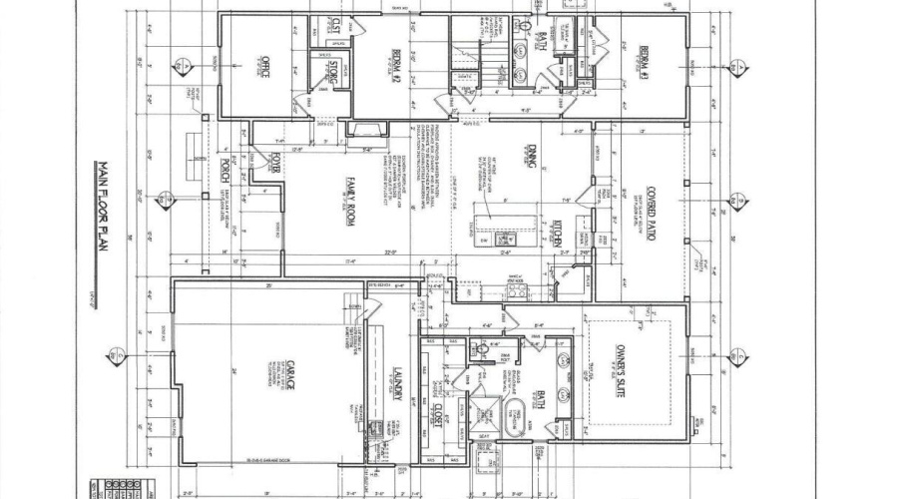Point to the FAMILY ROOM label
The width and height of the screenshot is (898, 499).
tap(351, 201)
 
